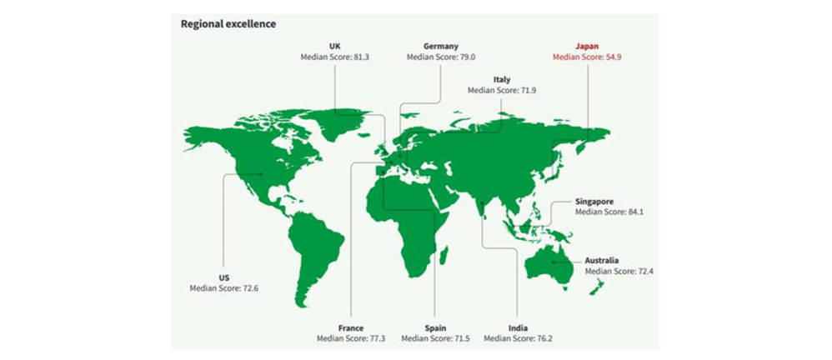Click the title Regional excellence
[228, 24]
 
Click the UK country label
[336, 47]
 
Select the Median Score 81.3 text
[336, 57]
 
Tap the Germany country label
[440, 47]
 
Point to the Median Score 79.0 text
[440, 57]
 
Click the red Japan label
[589, 47]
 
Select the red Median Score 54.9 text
[589, 57]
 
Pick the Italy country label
[501, 79]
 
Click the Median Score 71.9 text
[501, 90]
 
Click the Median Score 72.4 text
[619, 271]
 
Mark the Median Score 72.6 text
[224, 288]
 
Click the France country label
[351, 328]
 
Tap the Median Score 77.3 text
[351, 339]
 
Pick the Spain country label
[434, 328]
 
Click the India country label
[517, 328]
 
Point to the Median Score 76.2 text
[517, 339]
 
